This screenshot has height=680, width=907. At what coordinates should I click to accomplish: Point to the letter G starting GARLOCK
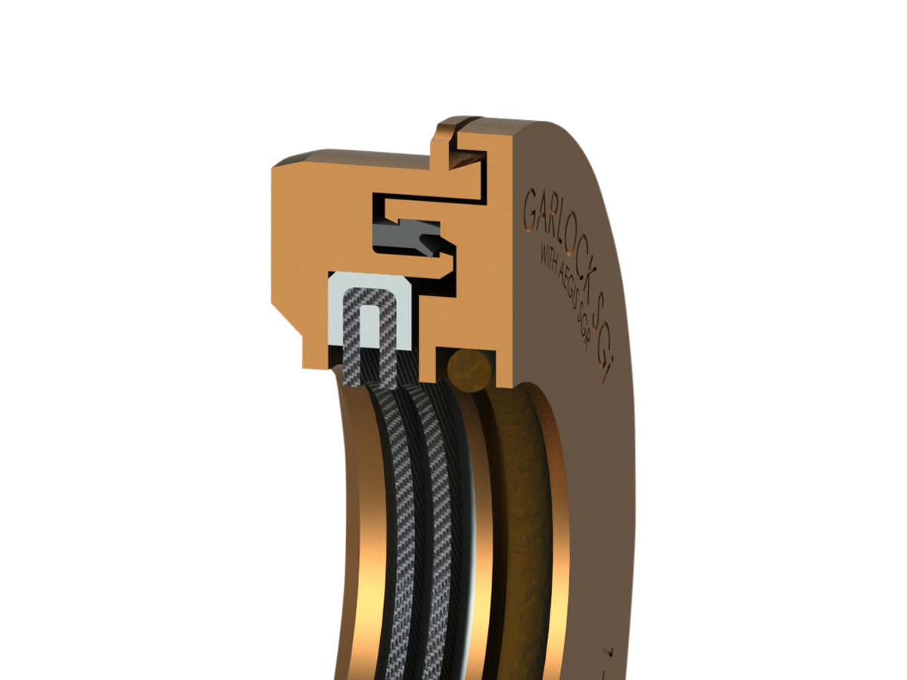(x=530, y=203)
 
